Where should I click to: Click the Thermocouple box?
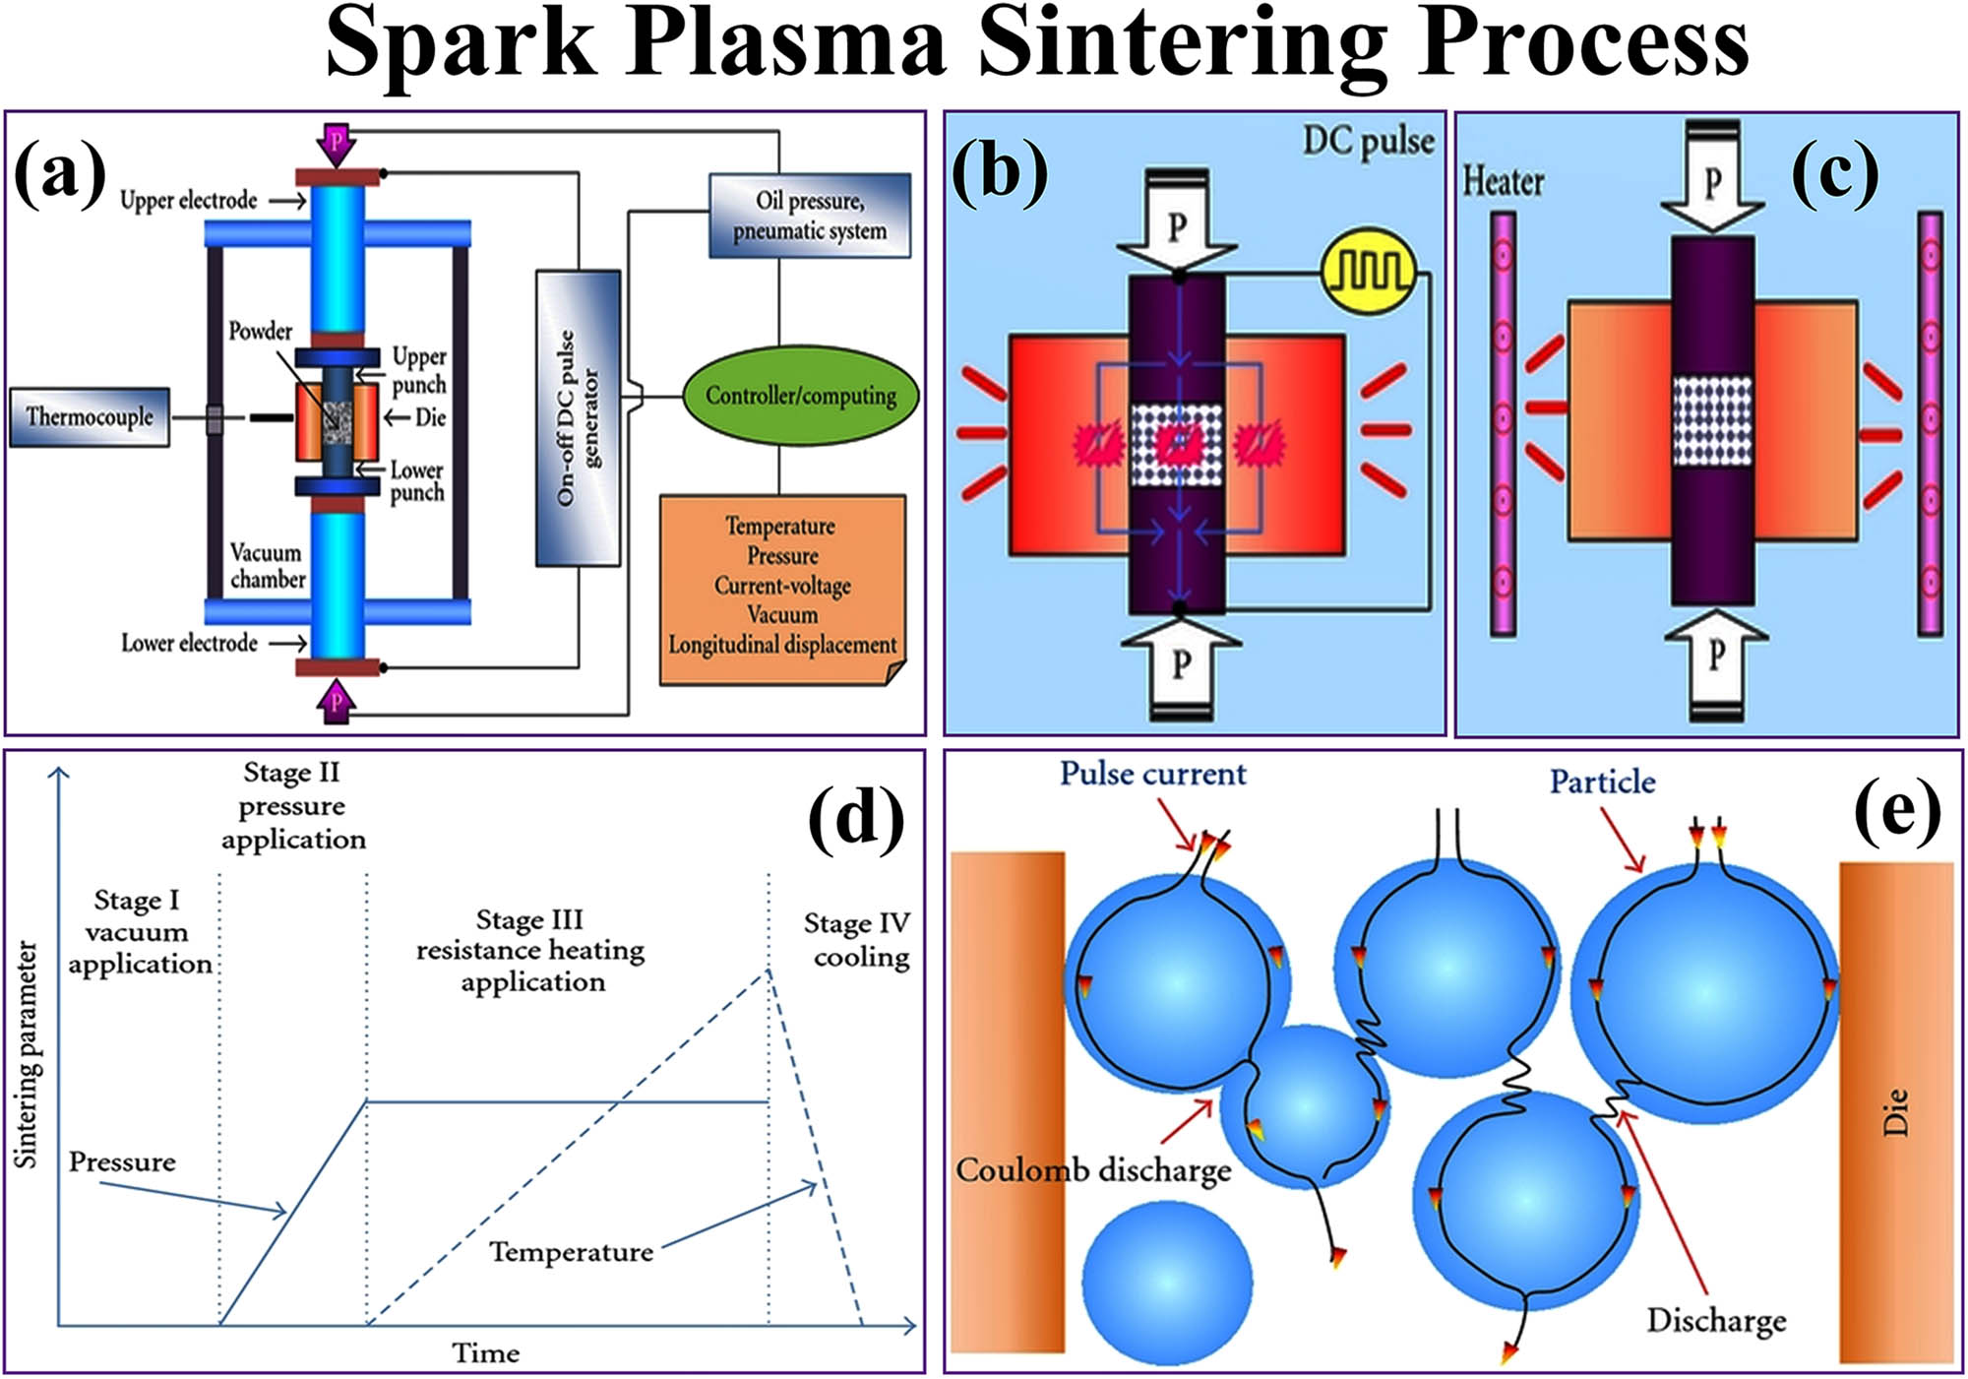pyautogui.click(x=90, y=417)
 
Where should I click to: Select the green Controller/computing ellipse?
pyautogui.click(x=800, y=396)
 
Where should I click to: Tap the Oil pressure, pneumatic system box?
pyautogui.click(x=810, y=216)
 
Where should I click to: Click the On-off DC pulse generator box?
pyautogui.click(x=578, y=418)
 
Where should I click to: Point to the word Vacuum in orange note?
pyautogui.click(x=782, y=615)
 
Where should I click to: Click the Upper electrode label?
pyautogui.click(x=188, y=201)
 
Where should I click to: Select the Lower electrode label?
pyautogui.click(x=189, y=644)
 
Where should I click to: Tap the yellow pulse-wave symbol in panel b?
pyautogui.click(x=1370, y=271)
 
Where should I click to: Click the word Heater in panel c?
pyautogui.click(x=1503, y=182)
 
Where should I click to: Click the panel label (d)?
pyautogui.click(x=855, y=819)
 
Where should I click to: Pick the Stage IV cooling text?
pyautogui.click(x=857, y=940)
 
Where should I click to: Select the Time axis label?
pyautogui.click(x=486, y=1353)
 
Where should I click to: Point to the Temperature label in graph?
pyautogui.click(x=572, y=1252)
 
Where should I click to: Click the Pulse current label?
pyautogui.click(x=1152, y=775)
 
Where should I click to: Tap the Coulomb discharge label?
pyautogui.click(x=1093, y=1170)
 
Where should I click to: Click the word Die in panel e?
pyautogui.click(x=1895, y=1112)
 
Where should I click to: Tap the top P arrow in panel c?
pyautogui.click(x=1712, y=182)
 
